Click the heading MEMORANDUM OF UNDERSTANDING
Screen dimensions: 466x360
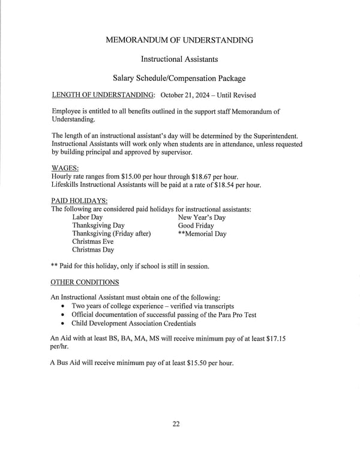[179, 40]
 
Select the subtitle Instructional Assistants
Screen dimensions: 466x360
[179, 59]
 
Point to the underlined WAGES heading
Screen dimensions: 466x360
[65, 169]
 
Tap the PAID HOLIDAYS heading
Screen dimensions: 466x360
[79, 201]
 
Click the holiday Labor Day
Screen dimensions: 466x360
[87, 217]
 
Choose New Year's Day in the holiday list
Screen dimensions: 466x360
[202, 217]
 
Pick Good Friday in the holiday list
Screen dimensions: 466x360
[196, 226]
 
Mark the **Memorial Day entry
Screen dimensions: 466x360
[202, 234]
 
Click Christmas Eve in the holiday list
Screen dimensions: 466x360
[92, 242]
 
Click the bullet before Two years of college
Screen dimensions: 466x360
[64, 306]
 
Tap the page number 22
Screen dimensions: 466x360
[176, 424]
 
